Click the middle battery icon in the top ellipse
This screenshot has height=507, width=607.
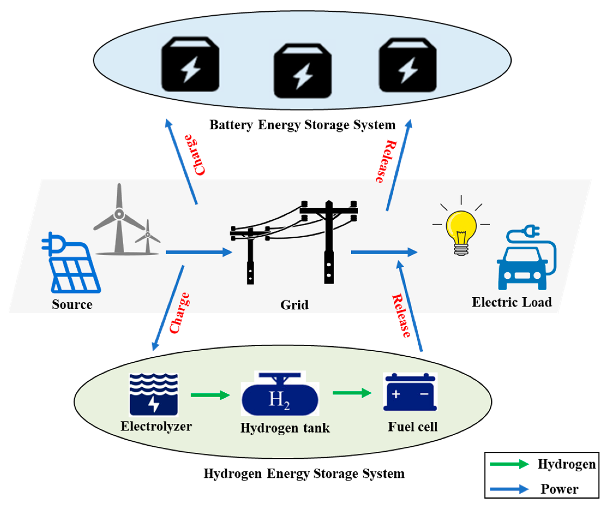tap(303, 71)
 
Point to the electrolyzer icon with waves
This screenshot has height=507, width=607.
tap(154, 395)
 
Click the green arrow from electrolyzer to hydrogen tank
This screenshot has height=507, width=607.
tap(210, 395)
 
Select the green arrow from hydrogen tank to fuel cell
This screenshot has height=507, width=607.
tap(352, 393)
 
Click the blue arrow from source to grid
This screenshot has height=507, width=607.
tap(199, 252)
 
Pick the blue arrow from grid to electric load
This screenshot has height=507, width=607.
tap(384, 252)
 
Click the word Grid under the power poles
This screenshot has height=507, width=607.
tap(294, 305)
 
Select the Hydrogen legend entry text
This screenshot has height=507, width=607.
tap(566, 464)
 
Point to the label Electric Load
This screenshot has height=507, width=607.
tap(512, 302)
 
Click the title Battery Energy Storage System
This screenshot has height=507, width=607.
tap(302, 125)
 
